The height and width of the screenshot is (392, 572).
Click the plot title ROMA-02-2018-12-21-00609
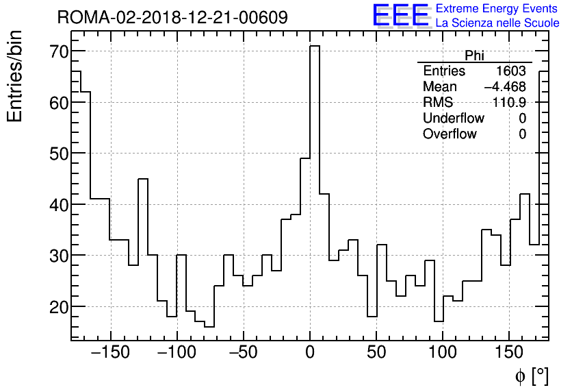point(172,17)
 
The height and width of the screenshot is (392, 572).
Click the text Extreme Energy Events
point(497,9)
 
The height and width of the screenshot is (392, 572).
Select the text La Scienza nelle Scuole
point(497,23)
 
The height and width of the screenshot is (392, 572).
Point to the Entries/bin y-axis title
point(15,77)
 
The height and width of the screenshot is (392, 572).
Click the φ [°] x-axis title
point(531,376)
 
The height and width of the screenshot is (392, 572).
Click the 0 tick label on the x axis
point(309,353)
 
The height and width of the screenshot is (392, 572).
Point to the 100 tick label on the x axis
point(443,353)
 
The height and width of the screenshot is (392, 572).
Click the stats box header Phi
point(474,56)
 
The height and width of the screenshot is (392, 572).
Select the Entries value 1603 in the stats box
point(511,71)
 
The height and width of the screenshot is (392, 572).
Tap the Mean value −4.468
point(505,87)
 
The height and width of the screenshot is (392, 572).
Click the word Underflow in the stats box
point(453,119)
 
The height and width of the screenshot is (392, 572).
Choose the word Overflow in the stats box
point(450,134)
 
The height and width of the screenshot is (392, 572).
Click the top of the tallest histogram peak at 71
point(315,46)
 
